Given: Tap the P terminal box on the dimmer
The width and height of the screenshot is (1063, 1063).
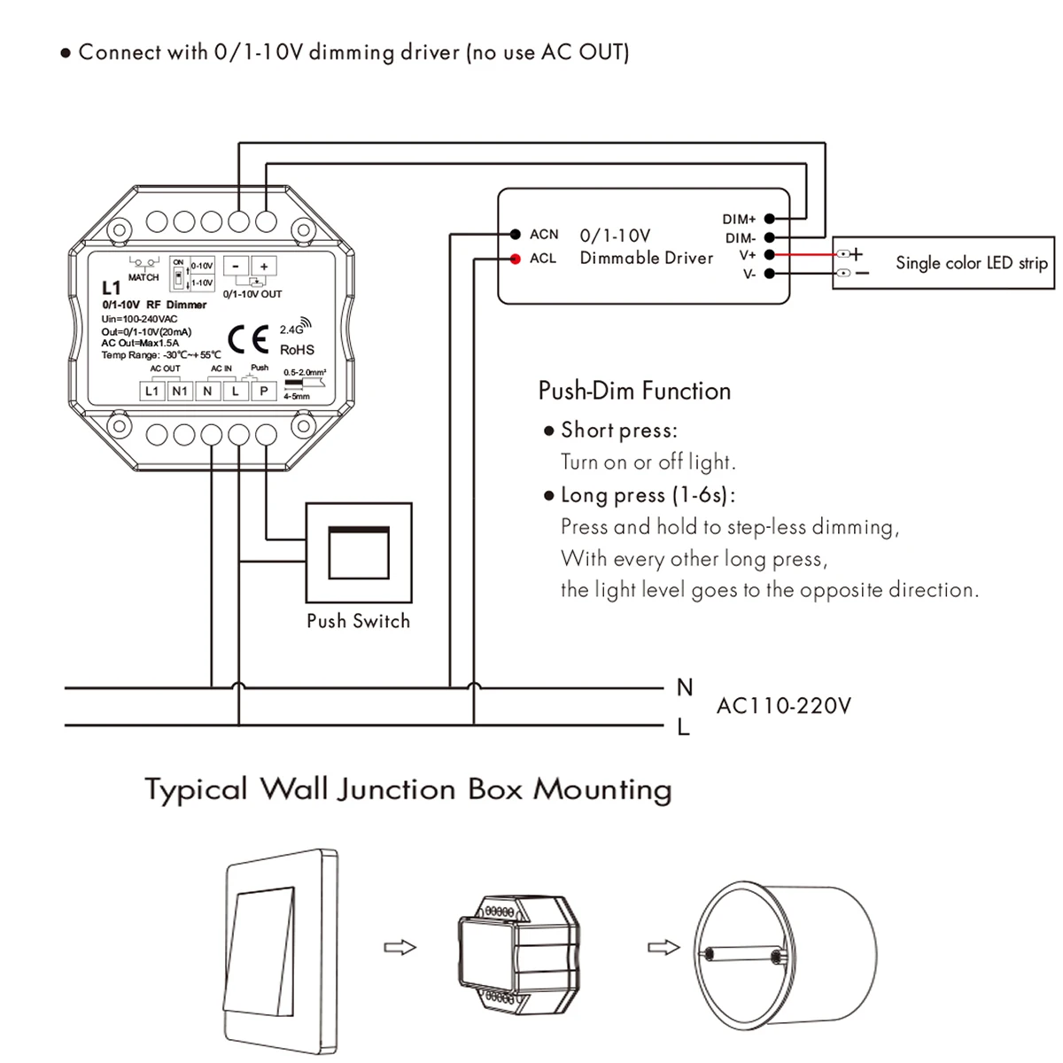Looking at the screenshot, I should pos(263,391).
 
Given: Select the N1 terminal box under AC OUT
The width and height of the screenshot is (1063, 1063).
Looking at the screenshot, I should pos(180,391).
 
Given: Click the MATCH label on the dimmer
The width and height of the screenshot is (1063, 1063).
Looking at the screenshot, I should pos(144,277).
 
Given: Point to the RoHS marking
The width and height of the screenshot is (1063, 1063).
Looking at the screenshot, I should pos(297,350).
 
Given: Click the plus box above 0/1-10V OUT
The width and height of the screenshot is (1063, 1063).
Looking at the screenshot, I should pos(264,266).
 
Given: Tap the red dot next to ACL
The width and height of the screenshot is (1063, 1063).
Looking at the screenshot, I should pos(515,259).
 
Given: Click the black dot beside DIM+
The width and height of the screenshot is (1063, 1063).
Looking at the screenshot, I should pos(770,219).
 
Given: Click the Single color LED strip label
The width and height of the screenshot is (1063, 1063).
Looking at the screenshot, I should pos(971,263).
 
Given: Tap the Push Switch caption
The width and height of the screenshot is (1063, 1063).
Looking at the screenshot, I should pos(358,621).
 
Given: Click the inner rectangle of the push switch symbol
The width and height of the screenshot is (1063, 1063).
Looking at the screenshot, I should pos(358,553).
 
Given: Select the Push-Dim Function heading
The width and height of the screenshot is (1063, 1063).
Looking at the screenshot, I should pos(634,391).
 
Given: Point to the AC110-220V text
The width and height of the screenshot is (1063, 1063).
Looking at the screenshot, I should pos(783,706).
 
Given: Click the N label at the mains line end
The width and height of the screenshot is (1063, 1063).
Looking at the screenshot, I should pos(684,687).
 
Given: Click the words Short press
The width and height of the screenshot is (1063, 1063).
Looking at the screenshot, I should pos(618,431).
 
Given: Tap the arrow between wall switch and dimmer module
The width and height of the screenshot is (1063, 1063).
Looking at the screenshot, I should pos(400,948).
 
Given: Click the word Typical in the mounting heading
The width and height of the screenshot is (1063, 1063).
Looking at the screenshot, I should pos(196,789).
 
